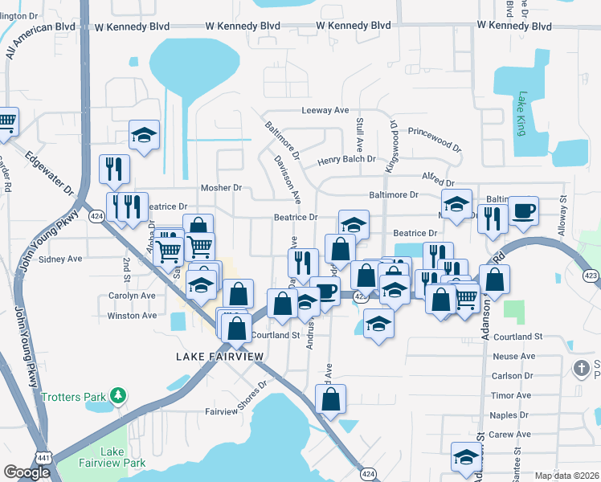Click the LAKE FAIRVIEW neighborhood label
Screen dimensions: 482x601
point(211,355)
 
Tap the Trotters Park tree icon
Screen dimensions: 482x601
point(118,395)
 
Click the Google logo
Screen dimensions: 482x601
point(27,472)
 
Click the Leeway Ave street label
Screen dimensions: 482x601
point(325,110)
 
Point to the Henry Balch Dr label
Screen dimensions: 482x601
point(346,159)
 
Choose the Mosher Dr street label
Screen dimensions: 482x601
point(221,187)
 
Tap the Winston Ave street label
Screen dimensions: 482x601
point(133,316)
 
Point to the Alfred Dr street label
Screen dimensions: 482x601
point(438,183)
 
